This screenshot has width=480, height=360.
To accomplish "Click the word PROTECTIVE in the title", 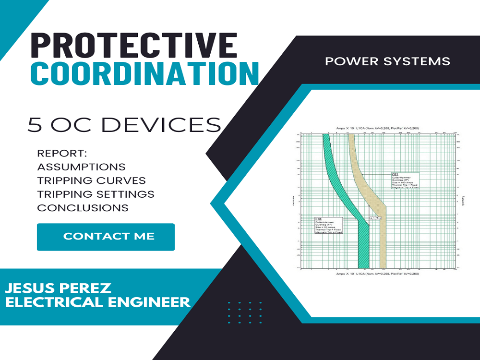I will pos(134,47).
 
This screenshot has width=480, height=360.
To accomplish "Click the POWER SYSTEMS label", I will pos(387,61).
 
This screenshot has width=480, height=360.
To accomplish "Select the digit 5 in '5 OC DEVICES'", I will pos(35,125).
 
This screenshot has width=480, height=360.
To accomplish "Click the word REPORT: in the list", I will pos(61,154).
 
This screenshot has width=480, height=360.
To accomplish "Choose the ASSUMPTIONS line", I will pos(81,167).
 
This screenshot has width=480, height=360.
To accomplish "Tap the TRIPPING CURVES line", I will pos(91,180).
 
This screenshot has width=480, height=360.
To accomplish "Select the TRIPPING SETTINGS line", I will pos(96,194).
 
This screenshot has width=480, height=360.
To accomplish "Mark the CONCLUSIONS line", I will pos(83,208).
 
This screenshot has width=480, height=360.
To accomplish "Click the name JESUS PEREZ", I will pos(58,288).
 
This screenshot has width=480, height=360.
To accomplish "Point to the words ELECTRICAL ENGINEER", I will pos(97,302).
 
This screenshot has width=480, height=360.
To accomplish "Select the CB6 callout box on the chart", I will pos(328,225).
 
